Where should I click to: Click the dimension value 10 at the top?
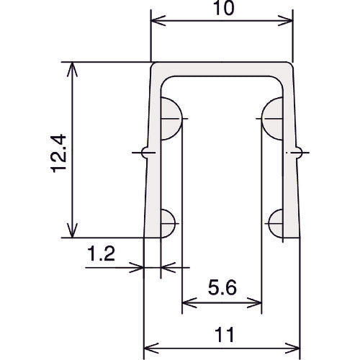pyautogui.click(x=223, y=8)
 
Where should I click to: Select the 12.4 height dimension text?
pyautogui.click(x=58, y=153)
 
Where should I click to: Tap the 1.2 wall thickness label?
pyautogui.click(x=102, y=253)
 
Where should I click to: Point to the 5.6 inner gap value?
pyautogui.click(x=222, y=287)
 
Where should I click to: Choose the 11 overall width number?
pyautogui.click(x=224, y=335)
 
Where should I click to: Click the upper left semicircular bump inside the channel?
pyautogui.click(x=171, y=119)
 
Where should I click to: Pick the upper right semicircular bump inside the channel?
pyautogui.click(x=272, y=119)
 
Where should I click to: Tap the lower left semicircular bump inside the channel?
pyautogui.click(x=168, y=223)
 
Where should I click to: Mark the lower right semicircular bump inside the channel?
pyautogui.click(x=276, y=223)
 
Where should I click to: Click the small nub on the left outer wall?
pyautogui.click(x=145, y=153)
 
